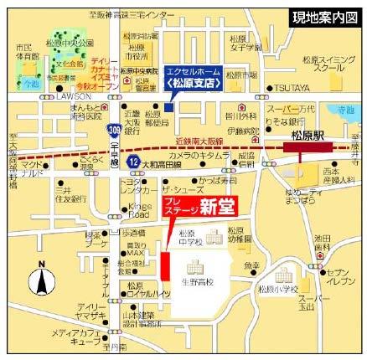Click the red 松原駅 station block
[307, 147]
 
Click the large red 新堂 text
[220, 205]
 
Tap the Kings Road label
[139, 209]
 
